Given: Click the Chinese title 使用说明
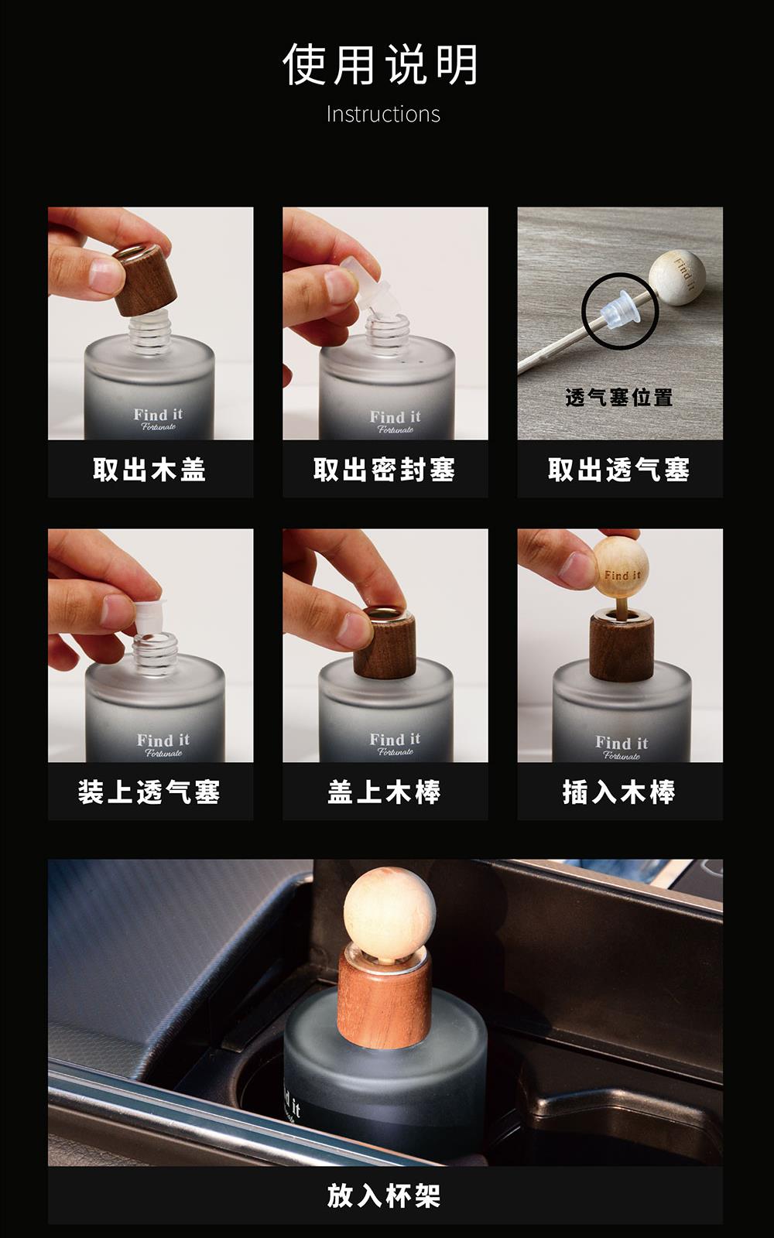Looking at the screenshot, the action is pos(380,65).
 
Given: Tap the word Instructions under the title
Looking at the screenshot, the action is pos(383,115).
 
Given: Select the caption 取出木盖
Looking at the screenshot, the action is pos(150,470).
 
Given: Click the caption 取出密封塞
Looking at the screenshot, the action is pos(384,470).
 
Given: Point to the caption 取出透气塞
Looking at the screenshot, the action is pos(619,470).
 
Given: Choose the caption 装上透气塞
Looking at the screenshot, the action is pos(150,792).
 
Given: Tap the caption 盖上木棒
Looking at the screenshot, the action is pos(384,792).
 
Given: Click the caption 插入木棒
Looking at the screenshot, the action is pos(619,792).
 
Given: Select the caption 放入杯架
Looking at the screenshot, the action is pos(384,1195).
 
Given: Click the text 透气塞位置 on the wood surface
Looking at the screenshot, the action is pos(619,398).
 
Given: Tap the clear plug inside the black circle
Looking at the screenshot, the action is pos(622,309).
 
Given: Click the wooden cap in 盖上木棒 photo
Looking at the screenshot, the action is pos(385,643).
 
